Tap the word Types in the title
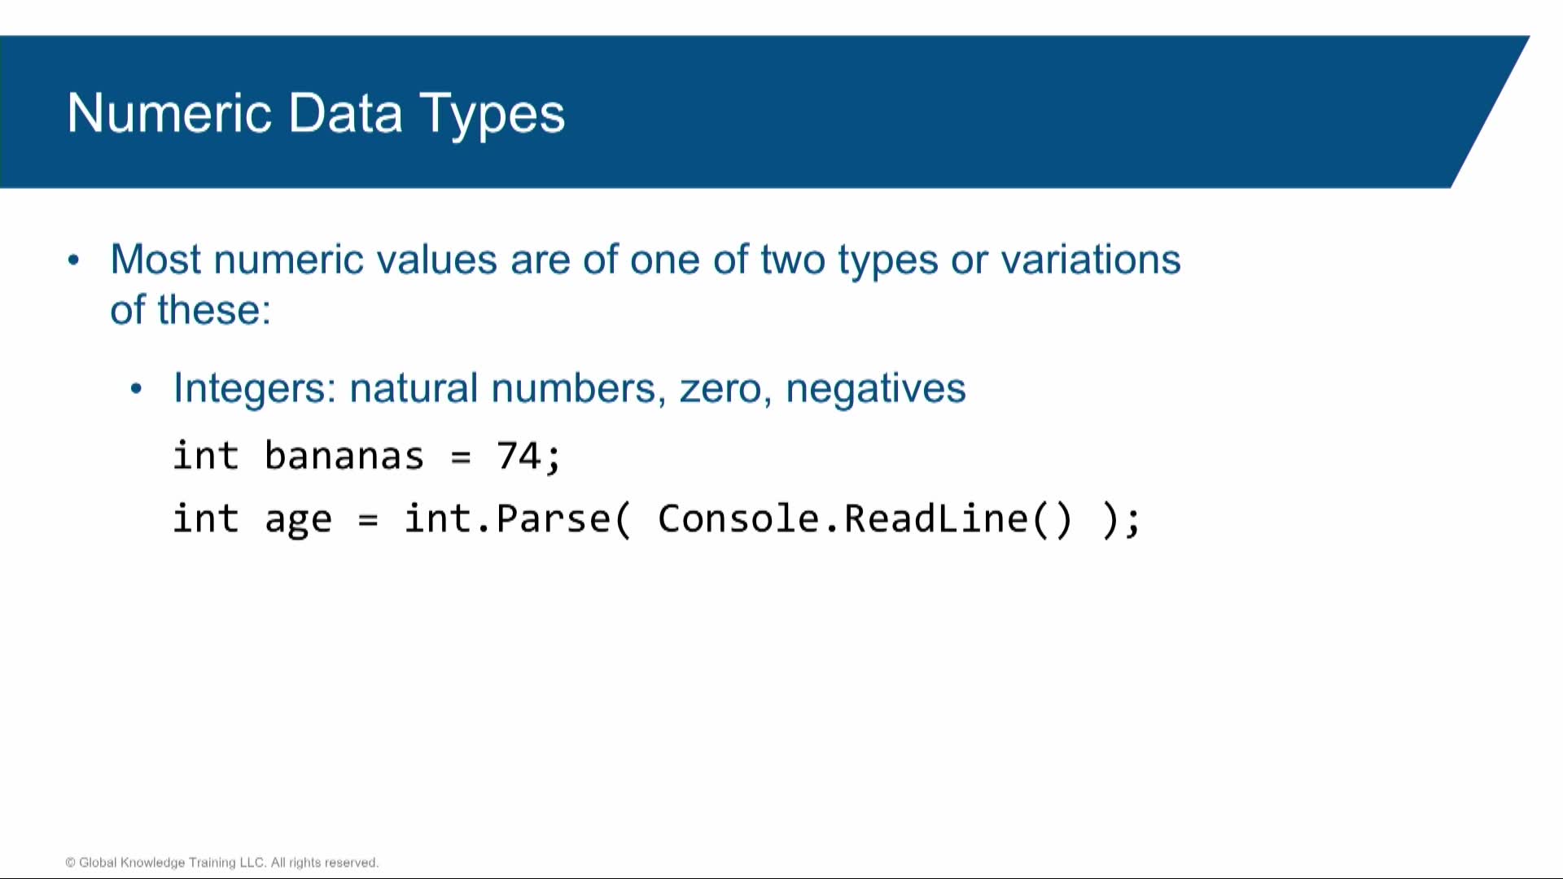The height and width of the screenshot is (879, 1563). click(492, 116)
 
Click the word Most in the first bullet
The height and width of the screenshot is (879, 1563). click(155, 260)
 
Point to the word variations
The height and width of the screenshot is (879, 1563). click(1090, 260)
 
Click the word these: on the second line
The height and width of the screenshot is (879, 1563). click(214, 310)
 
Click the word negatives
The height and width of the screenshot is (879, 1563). click(876, 390)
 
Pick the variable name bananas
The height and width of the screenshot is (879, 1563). click(344, 455)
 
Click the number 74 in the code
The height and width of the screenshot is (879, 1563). click(519, 455)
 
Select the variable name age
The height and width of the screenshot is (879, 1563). click(299, 522)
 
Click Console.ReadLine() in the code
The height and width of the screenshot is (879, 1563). click(865, 519)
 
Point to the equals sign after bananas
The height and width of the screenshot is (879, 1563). click(461, 458)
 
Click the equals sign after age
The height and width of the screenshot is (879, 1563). click(368, 521)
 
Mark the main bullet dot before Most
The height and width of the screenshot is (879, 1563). click(74, 260)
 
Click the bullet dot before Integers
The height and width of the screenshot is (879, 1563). click(136, 389)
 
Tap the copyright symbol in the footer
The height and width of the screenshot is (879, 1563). click(71, 863)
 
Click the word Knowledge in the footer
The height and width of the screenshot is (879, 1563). click(153, 863)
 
